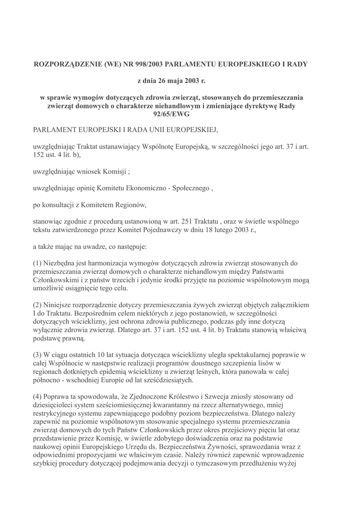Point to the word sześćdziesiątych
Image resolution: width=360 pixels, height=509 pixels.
pos(167,380)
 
